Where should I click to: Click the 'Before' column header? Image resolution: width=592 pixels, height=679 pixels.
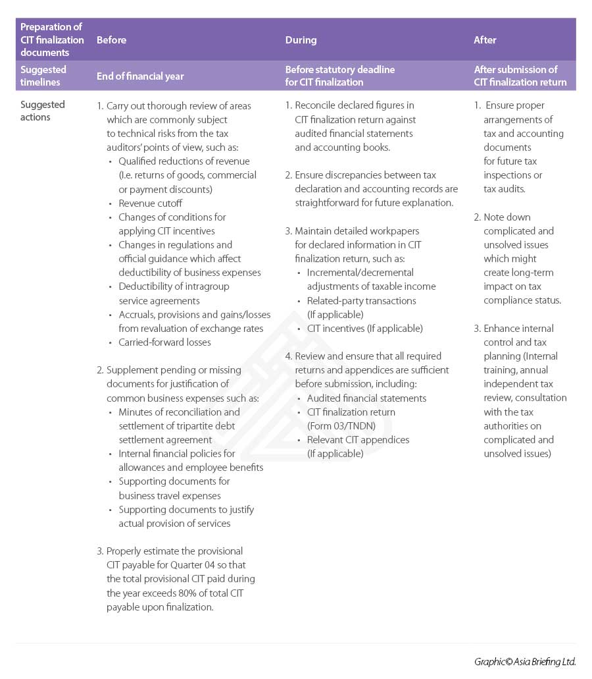[111, 40]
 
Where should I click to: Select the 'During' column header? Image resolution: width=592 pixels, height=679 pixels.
[301, 40]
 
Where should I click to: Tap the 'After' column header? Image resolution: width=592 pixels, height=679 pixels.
[485, 40]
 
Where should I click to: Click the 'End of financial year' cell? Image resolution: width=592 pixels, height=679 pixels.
[140, 76]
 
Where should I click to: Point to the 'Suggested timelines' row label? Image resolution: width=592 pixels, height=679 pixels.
[43, 76]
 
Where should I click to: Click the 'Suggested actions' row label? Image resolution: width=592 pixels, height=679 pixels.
[43, 111]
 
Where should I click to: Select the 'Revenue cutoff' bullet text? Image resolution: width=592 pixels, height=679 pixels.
[150, 204]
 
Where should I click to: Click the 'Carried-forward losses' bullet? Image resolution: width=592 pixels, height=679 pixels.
[164, 342]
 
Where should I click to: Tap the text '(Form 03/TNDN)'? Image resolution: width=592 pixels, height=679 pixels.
[341, 425]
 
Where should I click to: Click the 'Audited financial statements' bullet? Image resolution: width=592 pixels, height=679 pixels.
[366, 398]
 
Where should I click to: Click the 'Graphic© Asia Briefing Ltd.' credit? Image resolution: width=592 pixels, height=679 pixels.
[525, 662]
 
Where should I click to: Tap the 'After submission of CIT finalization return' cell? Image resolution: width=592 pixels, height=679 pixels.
[520, 76]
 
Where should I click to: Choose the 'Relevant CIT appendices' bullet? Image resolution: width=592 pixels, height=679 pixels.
[358, 440]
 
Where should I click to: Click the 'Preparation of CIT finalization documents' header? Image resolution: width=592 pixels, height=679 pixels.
[52, 40]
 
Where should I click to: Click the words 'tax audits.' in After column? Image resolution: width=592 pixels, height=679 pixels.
[505, 189]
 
